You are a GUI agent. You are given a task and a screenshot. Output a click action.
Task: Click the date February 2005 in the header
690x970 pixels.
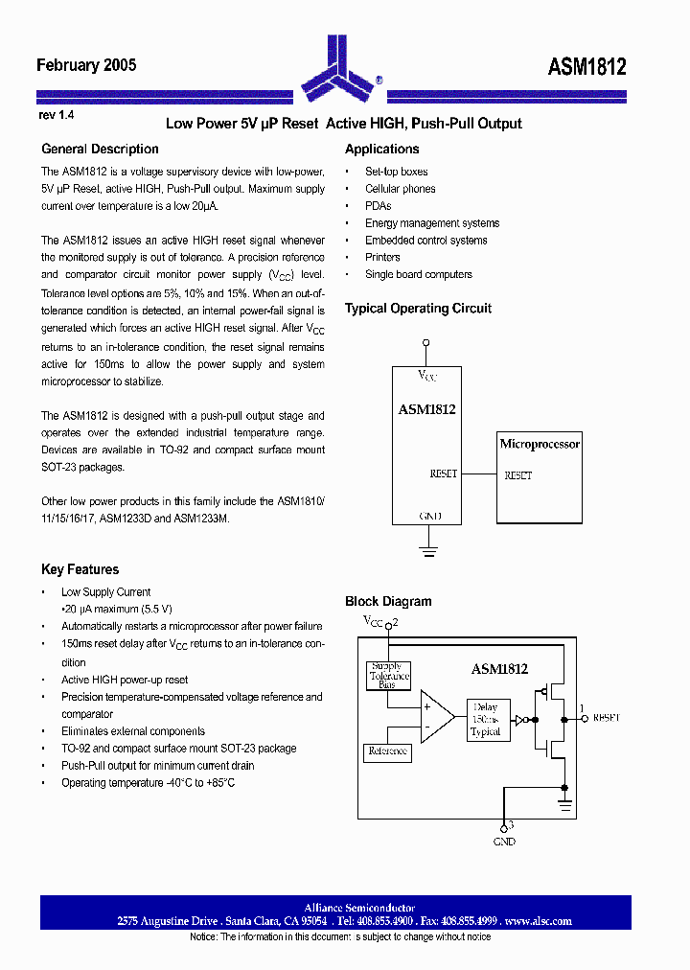point(86,65)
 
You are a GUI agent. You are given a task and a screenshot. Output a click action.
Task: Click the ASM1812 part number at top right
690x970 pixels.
point(586,66)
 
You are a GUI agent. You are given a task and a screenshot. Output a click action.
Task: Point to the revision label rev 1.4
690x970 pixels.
point(57,115)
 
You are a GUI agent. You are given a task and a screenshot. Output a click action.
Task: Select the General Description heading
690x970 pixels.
point(100,149)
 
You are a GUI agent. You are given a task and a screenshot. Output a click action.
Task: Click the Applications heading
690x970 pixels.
point(381,149)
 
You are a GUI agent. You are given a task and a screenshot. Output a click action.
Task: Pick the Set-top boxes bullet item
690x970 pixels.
point(396,172)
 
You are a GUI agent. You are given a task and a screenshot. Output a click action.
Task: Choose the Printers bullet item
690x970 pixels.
point(382,257)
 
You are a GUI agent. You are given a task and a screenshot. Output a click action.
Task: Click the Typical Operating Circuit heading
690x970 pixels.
point(418,309)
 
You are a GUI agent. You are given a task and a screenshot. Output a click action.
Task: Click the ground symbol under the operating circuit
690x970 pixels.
point(426,550)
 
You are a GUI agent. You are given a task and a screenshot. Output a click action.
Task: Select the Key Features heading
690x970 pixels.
point(80,569)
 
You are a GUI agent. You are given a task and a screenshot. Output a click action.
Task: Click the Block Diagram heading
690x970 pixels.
point(388,601)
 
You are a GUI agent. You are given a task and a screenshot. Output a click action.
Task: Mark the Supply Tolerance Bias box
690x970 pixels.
point(389,676)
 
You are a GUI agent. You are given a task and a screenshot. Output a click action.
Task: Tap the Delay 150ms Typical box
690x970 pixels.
point(485,719)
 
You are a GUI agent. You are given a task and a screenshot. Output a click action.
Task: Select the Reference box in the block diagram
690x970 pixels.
point(388,751)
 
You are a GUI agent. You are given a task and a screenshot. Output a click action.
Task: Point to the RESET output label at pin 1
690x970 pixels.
point(606,717)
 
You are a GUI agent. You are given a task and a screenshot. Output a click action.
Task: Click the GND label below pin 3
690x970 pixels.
point(504,842)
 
